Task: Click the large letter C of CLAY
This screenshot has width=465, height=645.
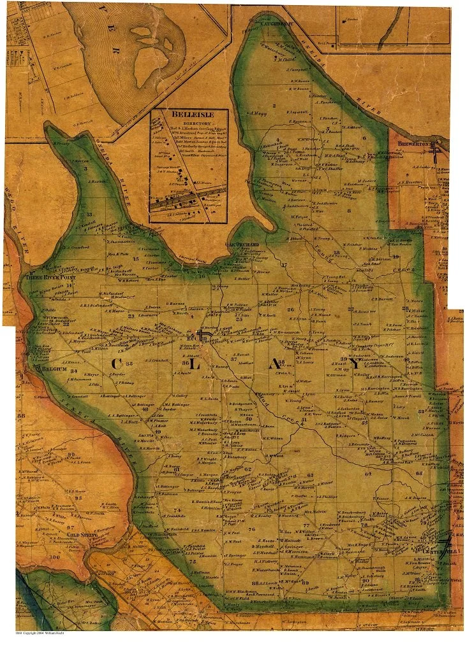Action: point(117,364)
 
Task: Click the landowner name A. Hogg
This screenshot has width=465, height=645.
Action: point(258,115)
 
